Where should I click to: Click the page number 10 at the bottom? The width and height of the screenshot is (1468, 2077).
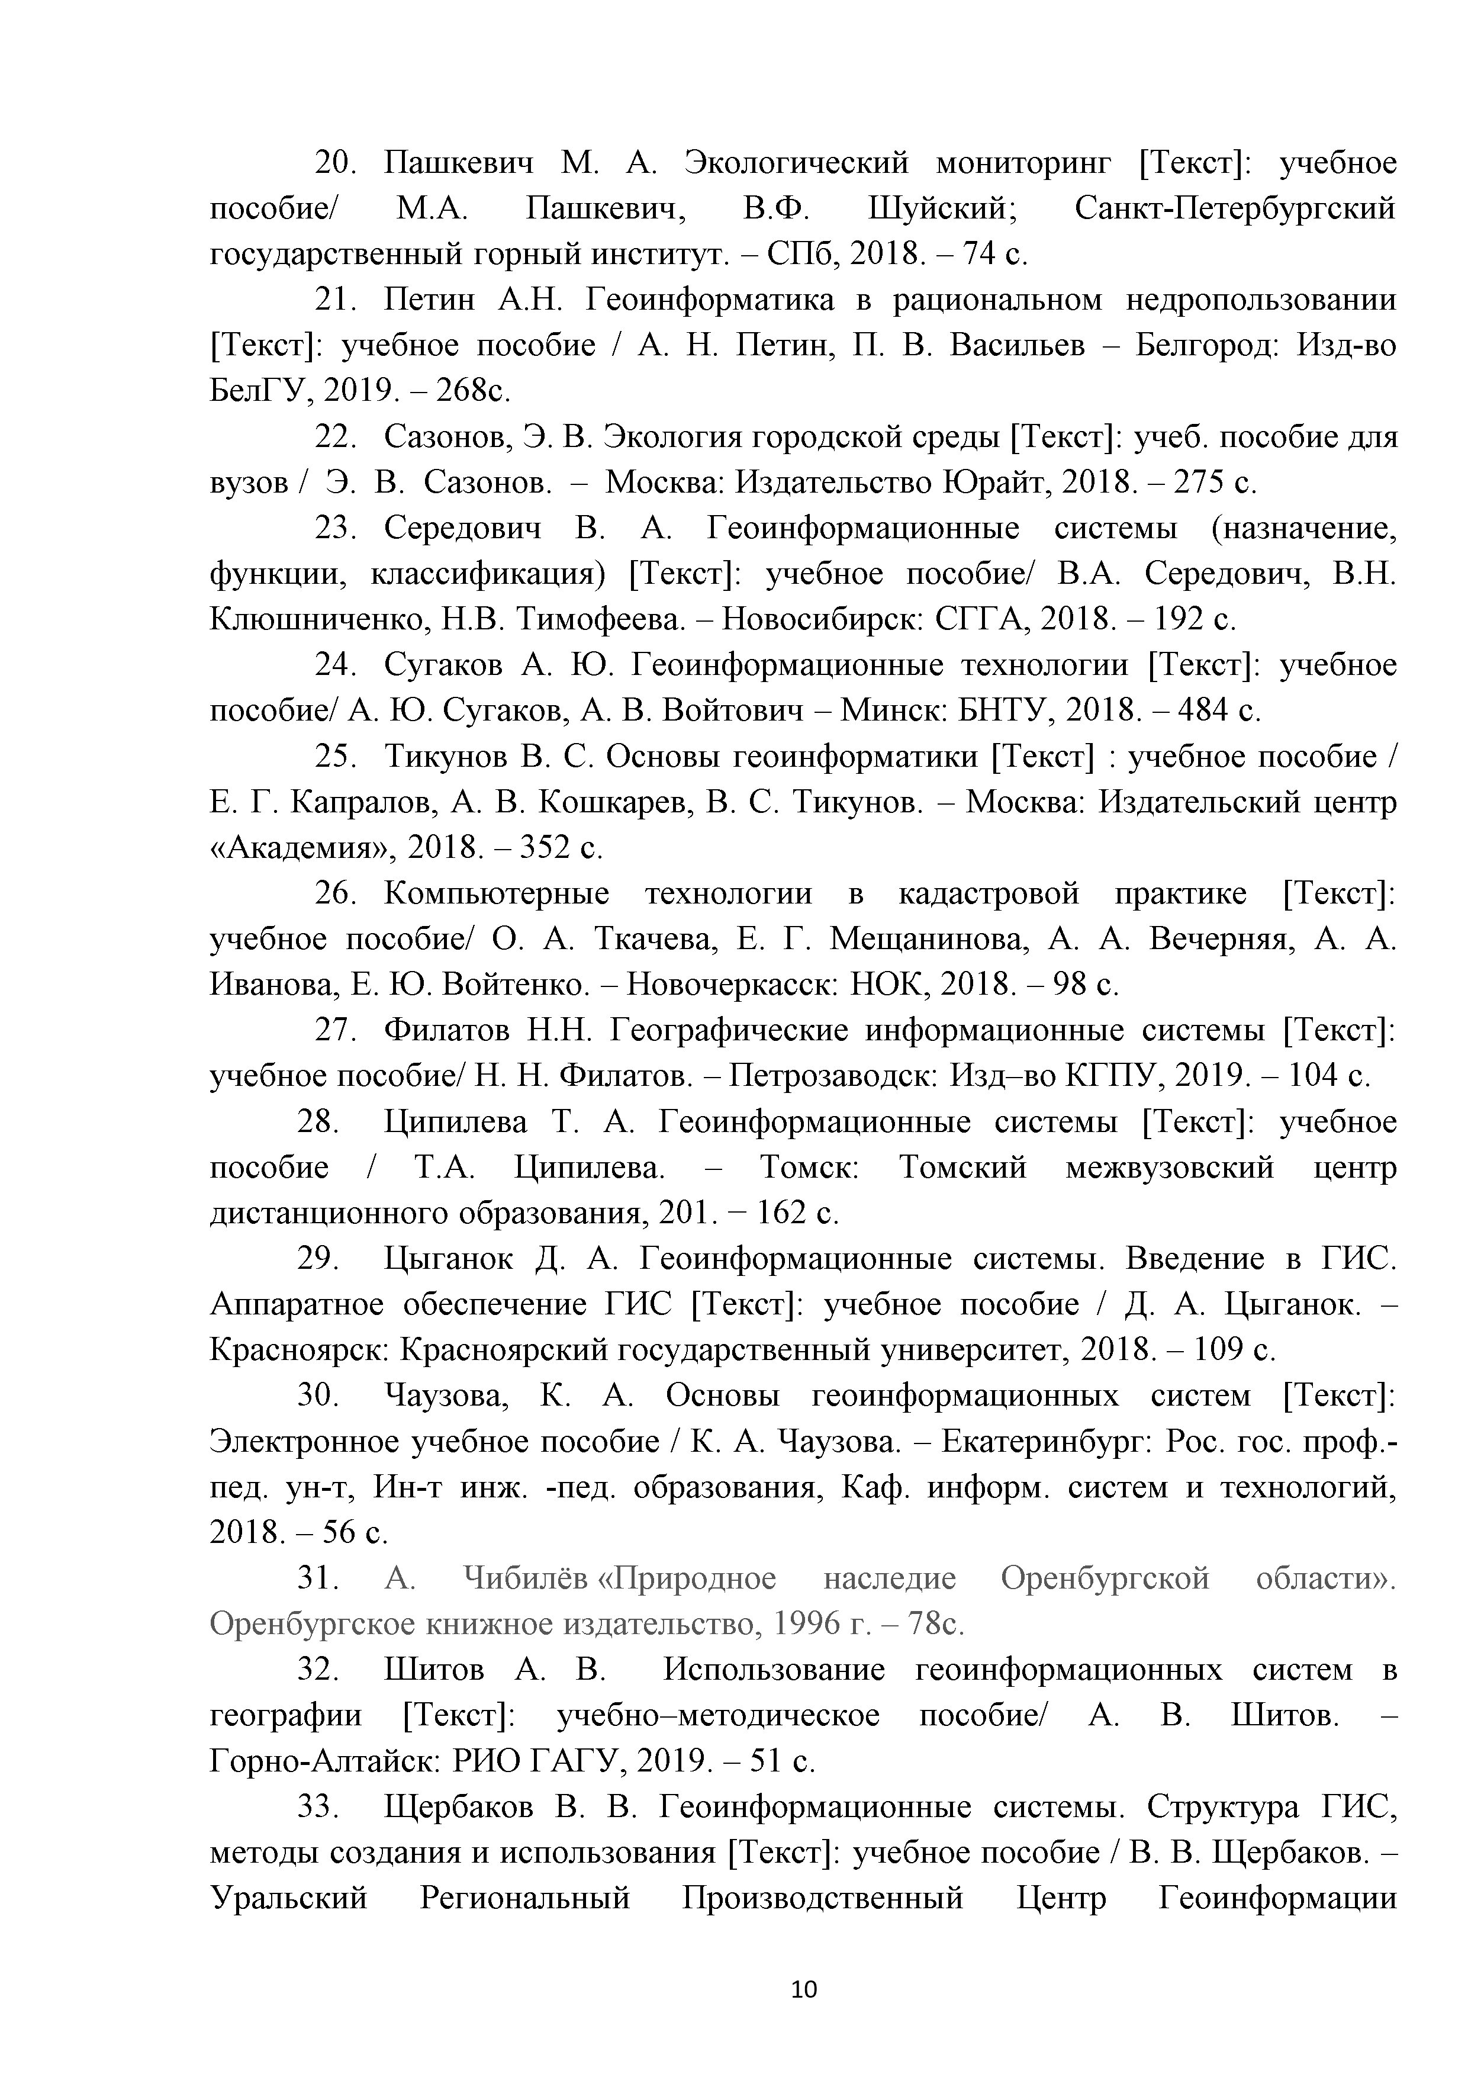803,1988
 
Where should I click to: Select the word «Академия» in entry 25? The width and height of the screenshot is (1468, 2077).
303,848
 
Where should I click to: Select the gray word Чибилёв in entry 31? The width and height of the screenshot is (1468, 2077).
524,1578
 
